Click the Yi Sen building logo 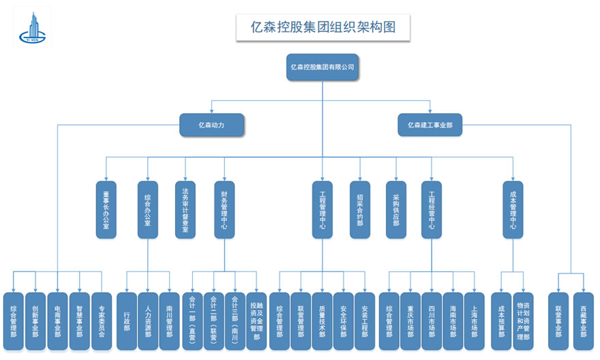point(35,27)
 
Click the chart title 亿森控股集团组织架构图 point(323,27)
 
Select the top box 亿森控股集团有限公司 point(322,67)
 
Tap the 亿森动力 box point(211,125)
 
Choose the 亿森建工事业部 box point(430,125)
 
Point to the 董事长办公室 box point(106,209)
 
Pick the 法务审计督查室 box point(185,209)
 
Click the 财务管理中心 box point(224,209)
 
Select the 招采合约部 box point(360,209)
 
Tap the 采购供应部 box point(396,209)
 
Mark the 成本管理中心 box point(513,209)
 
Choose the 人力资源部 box point(148,321)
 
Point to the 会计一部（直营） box point(192,321)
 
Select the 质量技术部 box point(322,321)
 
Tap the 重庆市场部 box point(410,321)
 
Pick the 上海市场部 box point(475,321)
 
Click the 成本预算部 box point(501,321)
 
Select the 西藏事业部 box point(584,321)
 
